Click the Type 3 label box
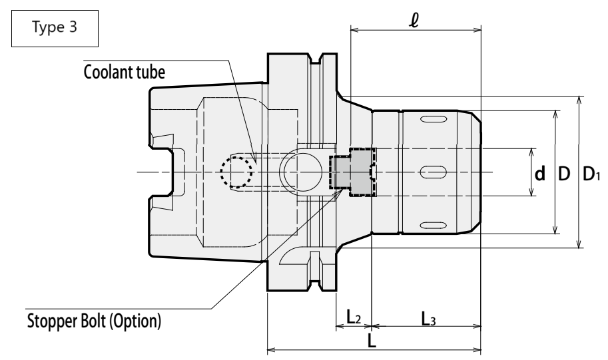point(55,29)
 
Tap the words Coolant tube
point(124,72)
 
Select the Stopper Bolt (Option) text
point(94,321)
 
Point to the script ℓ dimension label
point(414,20)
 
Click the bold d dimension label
point(540,174)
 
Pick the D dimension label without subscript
point(564,174)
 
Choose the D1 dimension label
point(591,174)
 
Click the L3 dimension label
point(428,319)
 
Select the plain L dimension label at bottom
point(372,341)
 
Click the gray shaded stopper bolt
point(352,172)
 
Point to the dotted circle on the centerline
point(236,172)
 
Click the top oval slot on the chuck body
point(433,119)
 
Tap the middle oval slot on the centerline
point(433,172)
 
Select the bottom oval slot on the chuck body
point(433,226)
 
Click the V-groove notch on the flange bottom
point(316,285)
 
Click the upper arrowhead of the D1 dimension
point(579,100)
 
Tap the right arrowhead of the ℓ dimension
point(477,30)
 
